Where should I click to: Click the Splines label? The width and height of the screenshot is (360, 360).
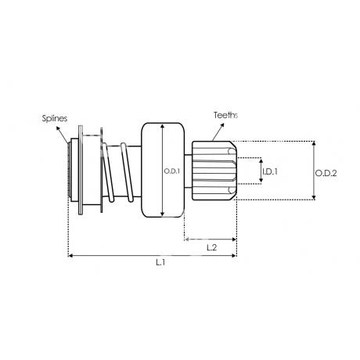[55, 118]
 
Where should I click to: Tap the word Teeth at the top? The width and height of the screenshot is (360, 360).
[224, 115]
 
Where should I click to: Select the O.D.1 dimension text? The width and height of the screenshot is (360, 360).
[171, 171]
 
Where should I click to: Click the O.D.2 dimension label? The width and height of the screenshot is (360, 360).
[326, 173]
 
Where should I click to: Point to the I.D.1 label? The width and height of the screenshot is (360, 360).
[270, 171]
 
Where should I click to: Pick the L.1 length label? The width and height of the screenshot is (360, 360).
[160, 262]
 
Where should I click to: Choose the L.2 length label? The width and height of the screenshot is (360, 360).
[211, 247]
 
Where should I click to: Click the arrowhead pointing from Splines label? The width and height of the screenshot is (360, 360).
[58, 128]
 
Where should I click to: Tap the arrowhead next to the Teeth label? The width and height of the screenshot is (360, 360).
[222, 124]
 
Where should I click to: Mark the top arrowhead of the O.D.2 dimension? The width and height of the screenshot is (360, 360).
[314, 143]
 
